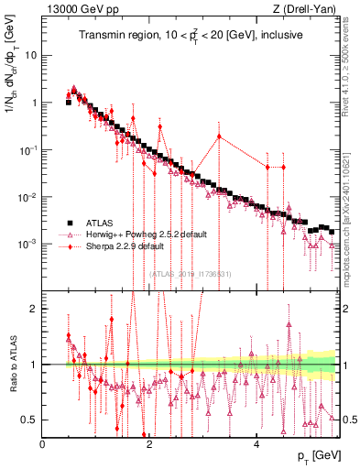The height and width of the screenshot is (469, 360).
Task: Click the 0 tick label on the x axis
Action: point(43,444)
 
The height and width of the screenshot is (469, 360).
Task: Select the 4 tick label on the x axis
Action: point(256,444)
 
